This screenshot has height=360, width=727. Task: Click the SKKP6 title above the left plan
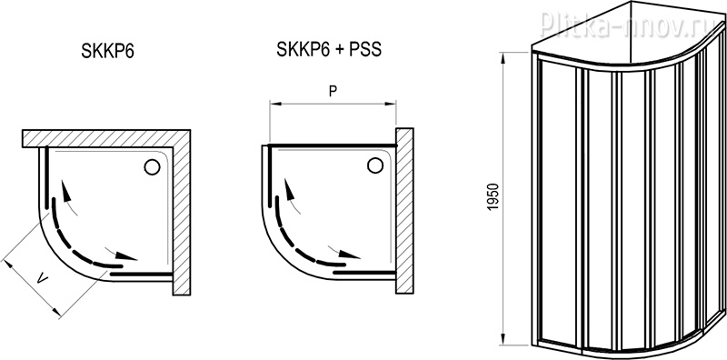107,51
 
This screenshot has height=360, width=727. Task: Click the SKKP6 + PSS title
329,49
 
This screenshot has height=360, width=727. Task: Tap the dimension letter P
333,92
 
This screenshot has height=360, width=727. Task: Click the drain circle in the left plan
152,166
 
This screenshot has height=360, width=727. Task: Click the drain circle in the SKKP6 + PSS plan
374,165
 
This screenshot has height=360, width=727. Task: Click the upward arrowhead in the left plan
66,191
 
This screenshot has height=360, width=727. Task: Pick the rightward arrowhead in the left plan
126,255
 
